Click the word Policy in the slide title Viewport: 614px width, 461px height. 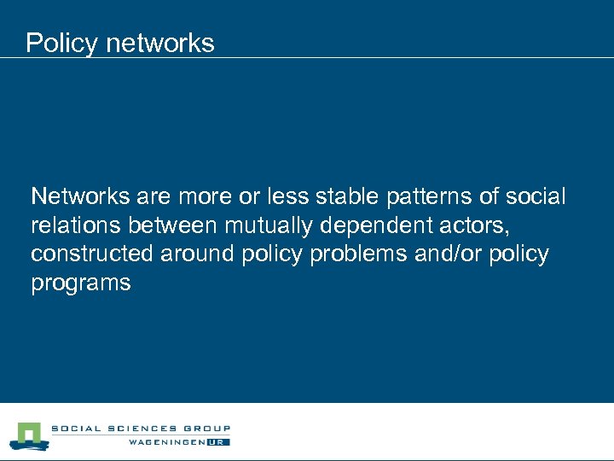(62, 44)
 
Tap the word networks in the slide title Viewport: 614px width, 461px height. (160, 43)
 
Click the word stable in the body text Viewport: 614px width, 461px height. (348, 197)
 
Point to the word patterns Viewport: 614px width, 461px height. (428, 197)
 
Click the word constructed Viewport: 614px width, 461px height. (88, 254)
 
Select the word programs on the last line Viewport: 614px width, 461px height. (81, 283)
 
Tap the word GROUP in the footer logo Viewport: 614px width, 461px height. (206, 429)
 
